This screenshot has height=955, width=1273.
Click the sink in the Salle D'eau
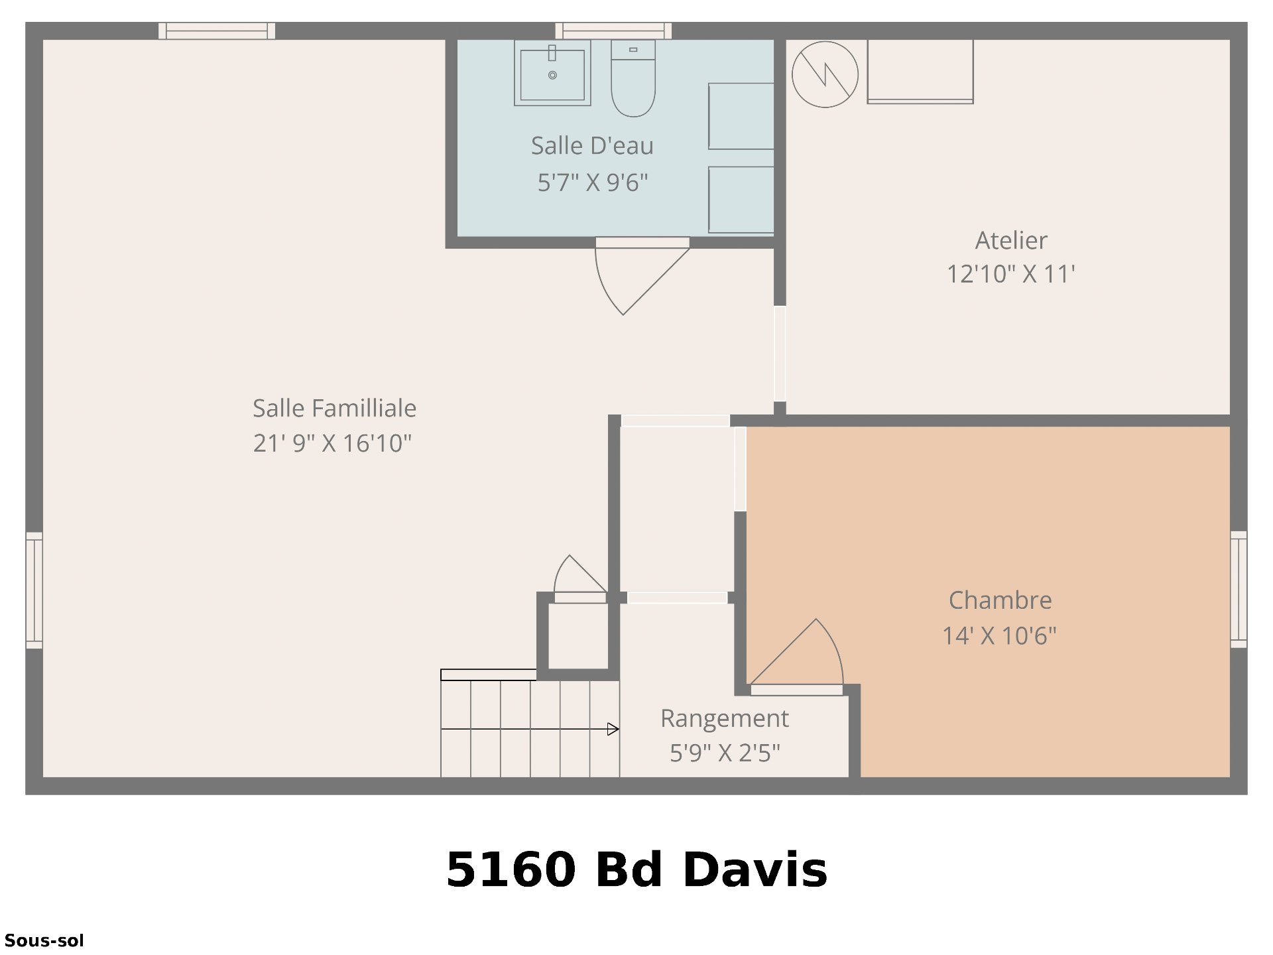[x=552, y=73]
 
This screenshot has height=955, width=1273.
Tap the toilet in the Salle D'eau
[x=633, y=78]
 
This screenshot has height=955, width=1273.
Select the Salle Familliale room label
[x=334, y=409]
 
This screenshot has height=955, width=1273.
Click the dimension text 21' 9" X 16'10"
[x=333, y=443]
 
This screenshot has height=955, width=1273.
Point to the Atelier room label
[x=1011, y=241]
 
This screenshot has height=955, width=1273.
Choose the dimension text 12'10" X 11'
[x=1011, y=274]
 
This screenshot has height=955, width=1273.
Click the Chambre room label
[x=1000, y=601]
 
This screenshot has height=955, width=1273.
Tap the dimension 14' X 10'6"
[x=999, y=635]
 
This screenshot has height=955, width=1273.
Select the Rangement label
[x=725, y=719]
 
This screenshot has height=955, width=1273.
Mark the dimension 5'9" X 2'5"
[x=725, y=753]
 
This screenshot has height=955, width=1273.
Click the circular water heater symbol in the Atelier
[x=825, y=74]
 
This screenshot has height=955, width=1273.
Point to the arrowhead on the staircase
[x=613, y=730]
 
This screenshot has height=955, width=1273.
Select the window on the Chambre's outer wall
[x=1239, y=590]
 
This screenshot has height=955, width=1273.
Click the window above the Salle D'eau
[x=613, y=31]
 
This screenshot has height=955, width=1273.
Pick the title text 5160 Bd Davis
[x=636, y=869]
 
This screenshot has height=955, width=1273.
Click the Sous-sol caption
[x=44, y=940]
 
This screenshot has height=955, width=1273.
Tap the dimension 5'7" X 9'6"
[x=593, y=182]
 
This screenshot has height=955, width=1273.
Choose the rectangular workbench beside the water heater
[x=920, y=72]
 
